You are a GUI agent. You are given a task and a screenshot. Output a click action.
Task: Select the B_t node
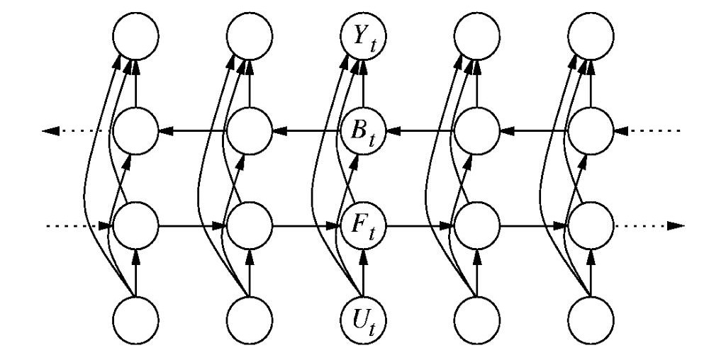click(x=363, y=131)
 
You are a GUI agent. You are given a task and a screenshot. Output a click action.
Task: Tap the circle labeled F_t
click(x=363, y=226)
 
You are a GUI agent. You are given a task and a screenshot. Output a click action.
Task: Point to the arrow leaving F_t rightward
click(x=418, y=226)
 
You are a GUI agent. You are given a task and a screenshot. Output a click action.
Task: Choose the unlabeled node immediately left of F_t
click(x=249, y=226)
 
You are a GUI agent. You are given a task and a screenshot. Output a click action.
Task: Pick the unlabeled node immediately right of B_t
click(x=476, y=131)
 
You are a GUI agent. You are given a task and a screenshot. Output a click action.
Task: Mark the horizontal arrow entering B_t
click(x=418, y=131)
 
